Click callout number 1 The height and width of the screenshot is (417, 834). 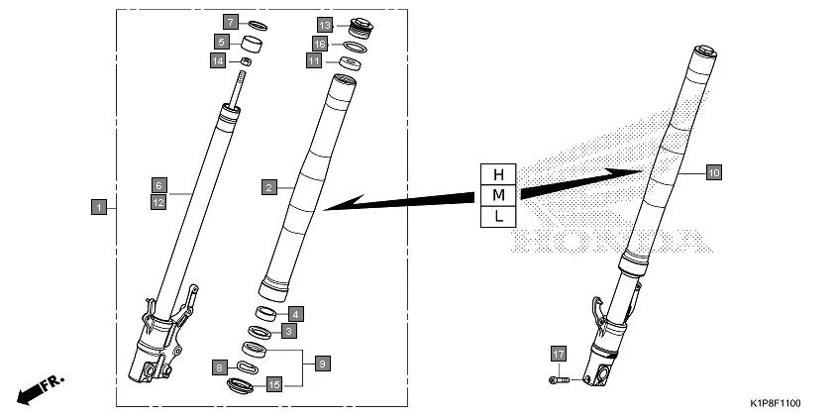coord(97,207)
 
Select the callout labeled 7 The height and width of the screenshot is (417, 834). coord(230,22)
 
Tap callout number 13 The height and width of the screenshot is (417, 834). coord(325,24)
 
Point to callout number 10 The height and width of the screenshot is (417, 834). coord(713,172)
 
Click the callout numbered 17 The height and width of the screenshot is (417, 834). coord(559,354)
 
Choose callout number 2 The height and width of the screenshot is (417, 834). coord(268,186)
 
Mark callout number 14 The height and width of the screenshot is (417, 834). coord(218,60)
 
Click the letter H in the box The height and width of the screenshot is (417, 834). coord(498,173)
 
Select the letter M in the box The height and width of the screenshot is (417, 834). coord(498,194)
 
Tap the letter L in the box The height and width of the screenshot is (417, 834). coord(498,215)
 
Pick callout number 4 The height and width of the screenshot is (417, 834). coord(295,314)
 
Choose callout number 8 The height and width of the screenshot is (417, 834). coord(219,368)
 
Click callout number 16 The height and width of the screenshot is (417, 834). coord(320,44)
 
